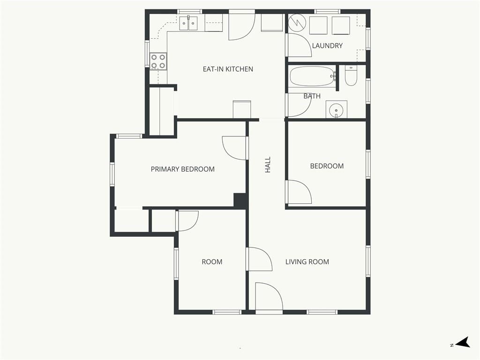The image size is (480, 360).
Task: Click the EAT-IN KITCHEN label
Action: tap(228, 69)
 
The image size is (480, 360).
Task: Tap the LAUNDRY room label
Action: tap(327, 45)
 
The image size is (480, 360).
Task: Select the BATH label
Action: tap(312, 96)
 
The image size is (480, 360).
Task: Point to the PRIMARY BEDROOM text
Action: tap(183, 169)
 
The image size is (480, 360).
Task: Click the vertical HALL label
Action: tap(268, 165)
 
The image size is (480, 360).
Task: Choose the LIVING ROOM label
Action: tap(307, 262)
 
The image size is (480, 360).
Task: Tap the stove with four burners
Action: tap(158, 61)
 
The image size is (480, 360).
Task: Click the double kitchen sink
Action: tap(188, 23)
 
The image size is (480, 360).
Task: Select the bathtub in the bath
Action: tap(312, 76)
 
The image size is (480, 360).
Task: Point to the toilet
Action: tap(351, 75)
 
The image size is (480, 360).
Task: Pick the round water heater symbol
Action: tap(298, 22)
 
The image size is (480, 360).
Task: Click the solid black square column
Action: tap(240, 201)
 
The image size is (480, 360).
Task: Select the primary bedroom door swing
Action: tap(234, 148)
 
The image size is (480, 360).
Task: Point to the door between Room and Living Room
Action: tap(259, 259)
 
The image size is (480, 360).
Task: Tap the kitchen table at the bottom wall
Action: tap(242, 109)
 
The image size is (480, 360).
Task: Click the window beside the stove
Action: tap(147, 54)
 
